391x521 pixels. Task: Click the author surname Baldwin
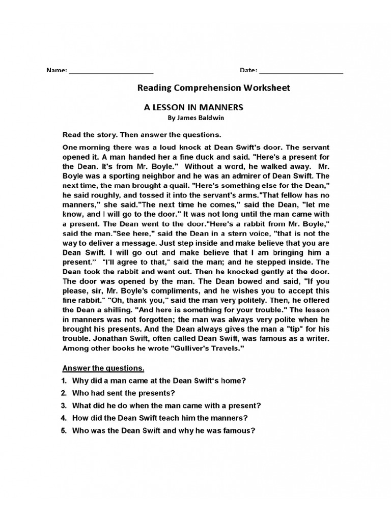(210, 118)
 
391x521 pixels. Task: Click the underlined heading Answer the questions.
(103, 368)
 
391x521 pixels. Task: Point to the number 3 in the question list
(64, 406)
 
